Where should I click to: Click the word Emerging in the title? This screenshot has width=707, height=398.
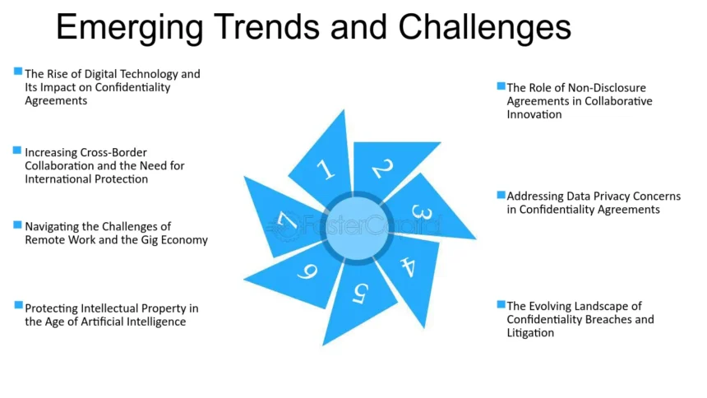(129, 28)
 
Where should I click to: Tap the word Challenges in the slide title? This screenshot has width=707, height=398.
(485, 28)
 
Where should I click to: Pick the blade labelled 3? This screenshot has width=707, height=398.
(424, 210)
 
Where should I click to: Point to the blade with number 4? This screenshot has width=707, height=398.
(413, 271)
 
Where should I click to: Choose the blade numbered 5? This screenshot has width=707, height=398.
(358, 298)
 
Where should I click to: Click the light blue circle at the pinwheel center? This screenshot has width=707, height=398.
(357, 228)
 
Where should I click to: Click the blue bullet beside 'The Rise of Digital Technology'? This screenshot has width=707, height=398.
(18, 72)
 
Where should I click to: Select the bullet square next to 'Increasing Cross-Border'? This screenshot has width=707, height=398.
(17, 150)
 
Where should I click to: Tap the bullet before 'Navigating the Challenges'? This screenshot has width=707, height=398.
(17, 224)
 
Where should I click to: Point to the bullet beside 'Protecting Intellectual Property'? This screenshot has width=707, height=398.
(18, 305)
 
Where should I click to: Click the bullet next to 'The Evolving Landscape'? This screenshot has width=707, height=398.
(501, 304)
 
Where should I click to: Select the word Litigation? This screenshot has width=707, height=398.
(530, 333)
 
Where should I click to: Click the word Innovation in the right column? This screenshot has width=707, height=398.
(534, 114)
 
